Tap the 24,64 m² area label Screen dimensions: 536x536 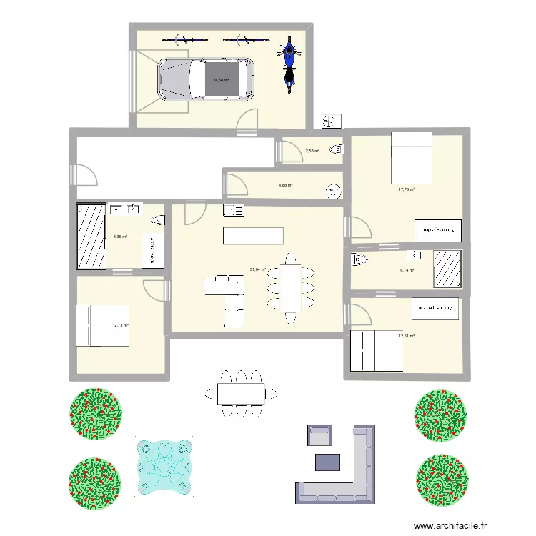tap(221, 80)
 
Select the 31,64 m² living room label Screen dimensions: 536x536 tap(257, 269)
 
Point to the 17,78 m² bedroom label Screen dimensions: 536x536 tap(407, 189)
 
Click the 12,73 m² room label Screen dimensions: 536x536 tap(120, 325)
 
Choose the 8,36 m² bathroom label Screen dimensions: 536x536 tap(120, 237)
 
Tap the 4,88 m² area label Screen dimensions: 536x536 tap(286, 185)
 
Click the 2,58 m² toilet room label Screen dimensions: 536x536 tap(312, 151)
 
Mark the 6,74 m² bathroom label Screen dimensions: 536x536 tap(407, 270)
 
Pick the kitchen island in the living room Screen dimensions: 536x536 tap(253, 236)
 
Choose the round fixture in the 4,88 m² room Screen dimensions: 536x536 tap(332, 191)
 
